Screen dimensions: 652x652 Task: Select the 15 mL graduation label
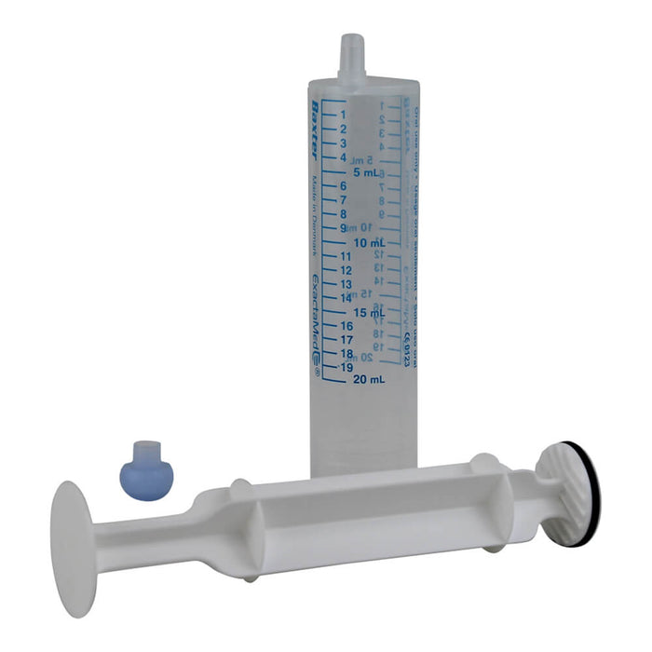coord(370,312)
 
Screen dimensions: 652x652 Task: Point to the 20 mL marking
coord(370,379)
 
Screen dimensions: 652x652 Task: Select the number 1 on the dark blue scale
coord(344,115)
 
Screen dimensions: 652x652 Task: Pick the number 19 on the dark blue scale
coord(346,367)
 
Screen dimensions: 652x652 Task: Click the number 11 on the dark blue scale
coord(346,256)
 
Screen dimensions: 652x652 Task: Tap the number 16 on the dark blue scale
coord(346,326)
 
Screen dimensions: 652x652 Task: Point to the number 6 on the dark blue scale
coord(344,185)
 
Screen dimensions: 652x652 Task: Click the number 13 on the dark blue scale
coord(346,284)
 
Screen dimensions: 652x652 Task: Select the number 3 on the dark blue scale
coord(344,143)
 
